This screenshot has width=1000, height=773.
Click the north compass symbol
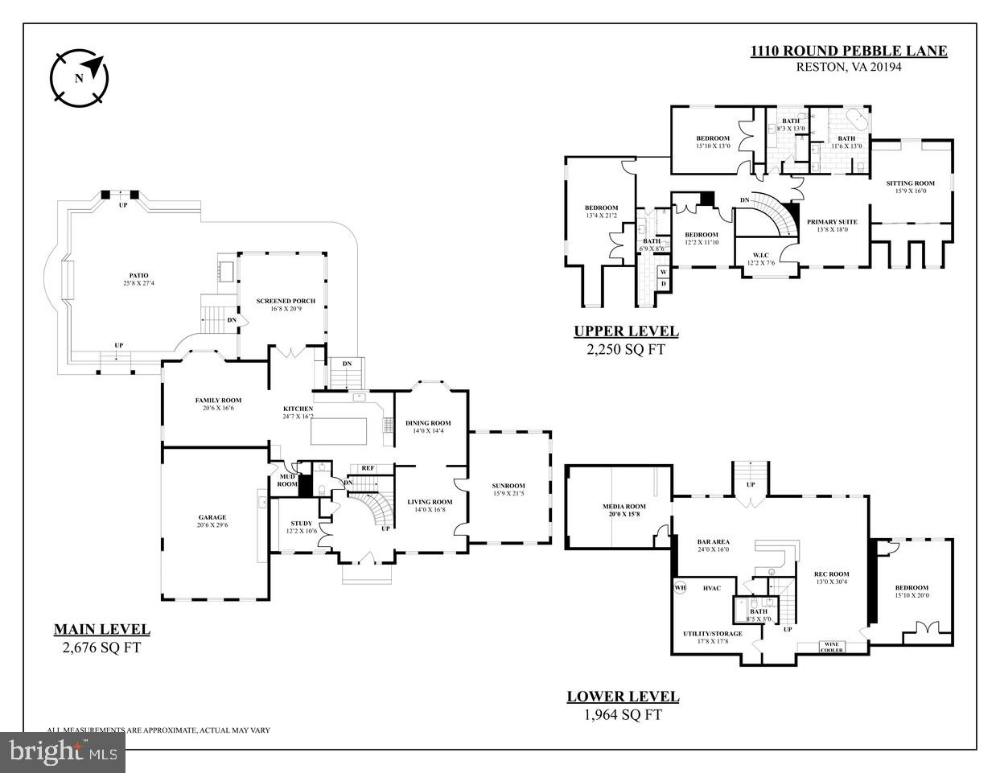click(x=79, y=78)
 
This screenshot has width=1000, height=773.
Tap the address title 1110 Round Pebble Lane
click(x=849, y=51)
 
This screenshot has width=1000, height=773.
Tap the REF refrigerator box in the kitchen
click(x=367, y=468)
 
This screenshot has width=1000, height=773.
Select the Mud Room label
click(x=287, y=480)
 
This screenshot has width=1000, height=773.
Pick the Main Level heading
click(x=101, y=630)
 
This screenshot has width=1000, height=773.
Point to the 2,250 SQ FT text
click(x=626, y=350)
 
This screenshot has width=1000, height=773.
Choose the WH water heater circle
click(x=680, y=586)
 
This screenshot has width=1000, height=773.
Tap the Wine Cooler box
click(x=832, y=647)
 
